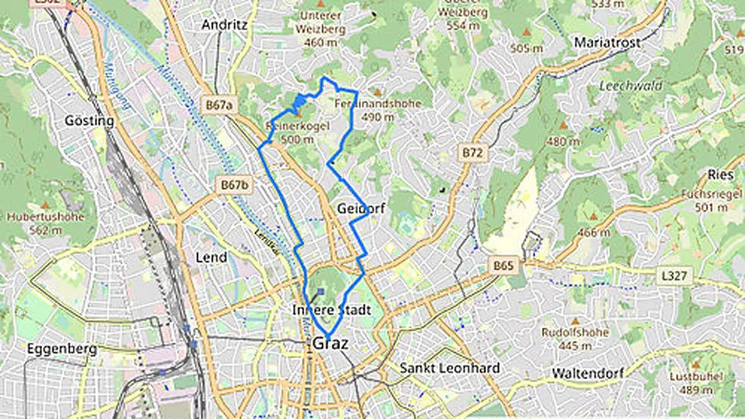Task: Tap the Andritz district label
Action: [x=224, y=25]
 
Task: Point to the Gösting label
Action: [x=89, y=121]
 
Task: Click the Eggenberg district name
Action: [x=62, y=349]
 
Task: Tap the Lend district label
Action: [x=211, y=257]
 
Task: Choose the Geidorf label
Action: [x=361, y=209]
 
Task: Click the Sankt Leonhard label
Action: [x=449, y=368]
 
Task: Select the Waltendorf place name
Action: [x=587, y=374]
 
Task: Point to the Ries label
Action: [x=721, y=175]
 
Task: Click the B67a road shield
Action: [x=220, y=105]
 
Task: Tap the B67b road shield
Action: [x=235, y=185]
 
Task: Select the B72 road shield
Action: [x=472, y=152]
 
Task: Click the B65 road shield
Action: [x=504, y=266]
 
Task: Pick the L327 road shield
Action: [x=674, y=275]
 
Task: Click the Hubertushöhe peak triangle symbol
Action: [x=46, y=204]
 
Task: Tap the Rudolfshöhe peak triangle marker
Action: [x=574, y=322]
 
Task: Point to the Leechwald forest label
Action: [x=631, y=86]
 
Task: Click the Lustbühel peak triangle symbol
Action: [x=695, y=364]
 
